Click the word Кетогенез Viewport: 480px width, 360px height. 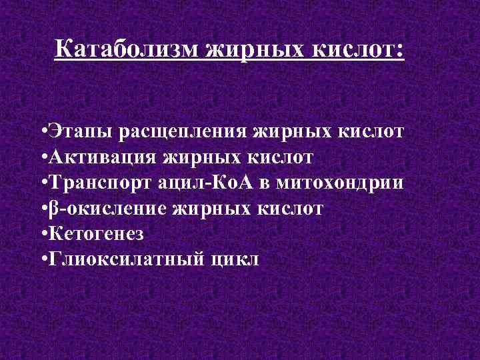[97, 233]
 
